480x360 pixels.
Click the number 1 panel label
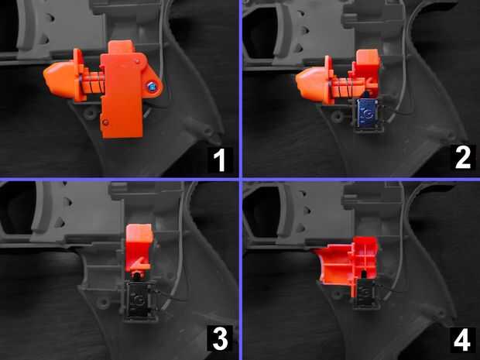pos(219,159)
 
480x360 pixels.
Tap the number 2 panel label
pos(462,158)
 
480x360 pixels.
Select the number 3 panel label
pos(220,338)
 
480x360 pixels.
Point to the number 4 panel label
pos(462,340)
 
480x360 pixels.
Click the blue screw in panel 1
pos(152,87)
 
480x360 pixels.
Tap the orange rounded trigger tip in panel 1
pos(59,80)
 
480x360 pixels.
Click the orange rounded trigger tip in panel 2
pos(310,85)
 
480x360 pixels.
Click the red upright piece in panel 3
pos(139,249)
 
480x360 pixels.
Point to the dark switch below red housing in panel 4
pos(366,293)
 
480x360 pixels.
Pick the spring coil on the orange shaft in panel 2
pos(347,87)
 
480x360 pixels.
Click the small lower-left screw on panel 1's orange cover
pos(105,122)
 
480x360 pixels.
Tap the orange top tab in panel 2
pos(368,58)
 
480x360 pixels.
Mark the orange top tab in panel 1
pos(122,47)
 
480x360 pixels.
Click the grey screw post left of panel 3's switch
pos(104,303)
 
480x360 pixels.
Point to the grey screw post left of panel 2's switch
pos(338,116)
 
